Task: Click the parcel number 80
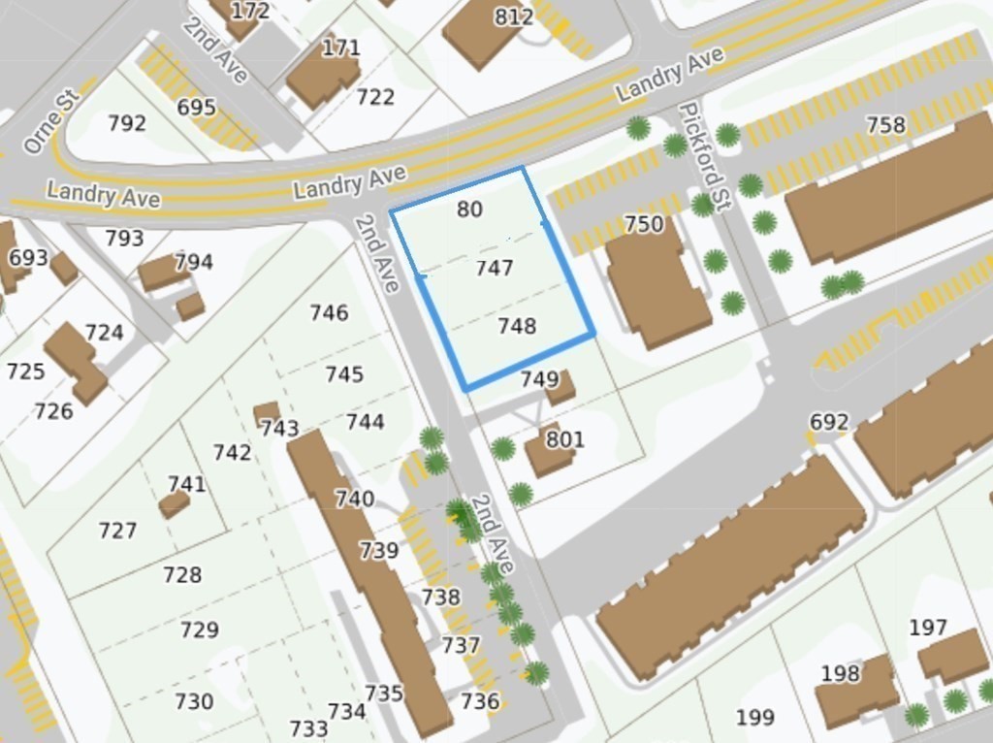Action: click(x=470, y=210)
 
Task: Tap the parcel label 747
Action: click(x=495, y=269)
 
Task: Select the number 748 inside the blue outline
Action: click(x=517, y=327)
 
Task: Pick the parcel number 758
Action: click(x=885, y=125)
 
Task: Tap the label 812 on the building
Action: click(x=514, y=16)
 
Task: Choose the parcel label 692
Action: click(x=829, y=422)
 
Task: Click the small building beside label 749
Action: click(x=561, y=389)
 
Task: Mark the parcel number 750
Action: click(x=644, y=225)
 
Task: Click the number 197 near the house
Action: click(x=928, y=628)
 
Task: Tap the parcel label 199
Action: click(x=754, y=718)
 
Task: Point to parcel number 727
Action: click(x=117, y=531)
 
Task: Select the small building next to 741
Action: click(x=174, y=504)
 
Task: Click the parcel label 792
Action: click(x=127, y=123)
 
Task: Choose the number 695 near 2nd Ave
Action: click(x=196, y=107)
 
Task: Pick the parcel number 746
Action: click(x=330, y=312)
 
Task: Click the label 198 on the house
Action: click(x=840, y=673)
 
